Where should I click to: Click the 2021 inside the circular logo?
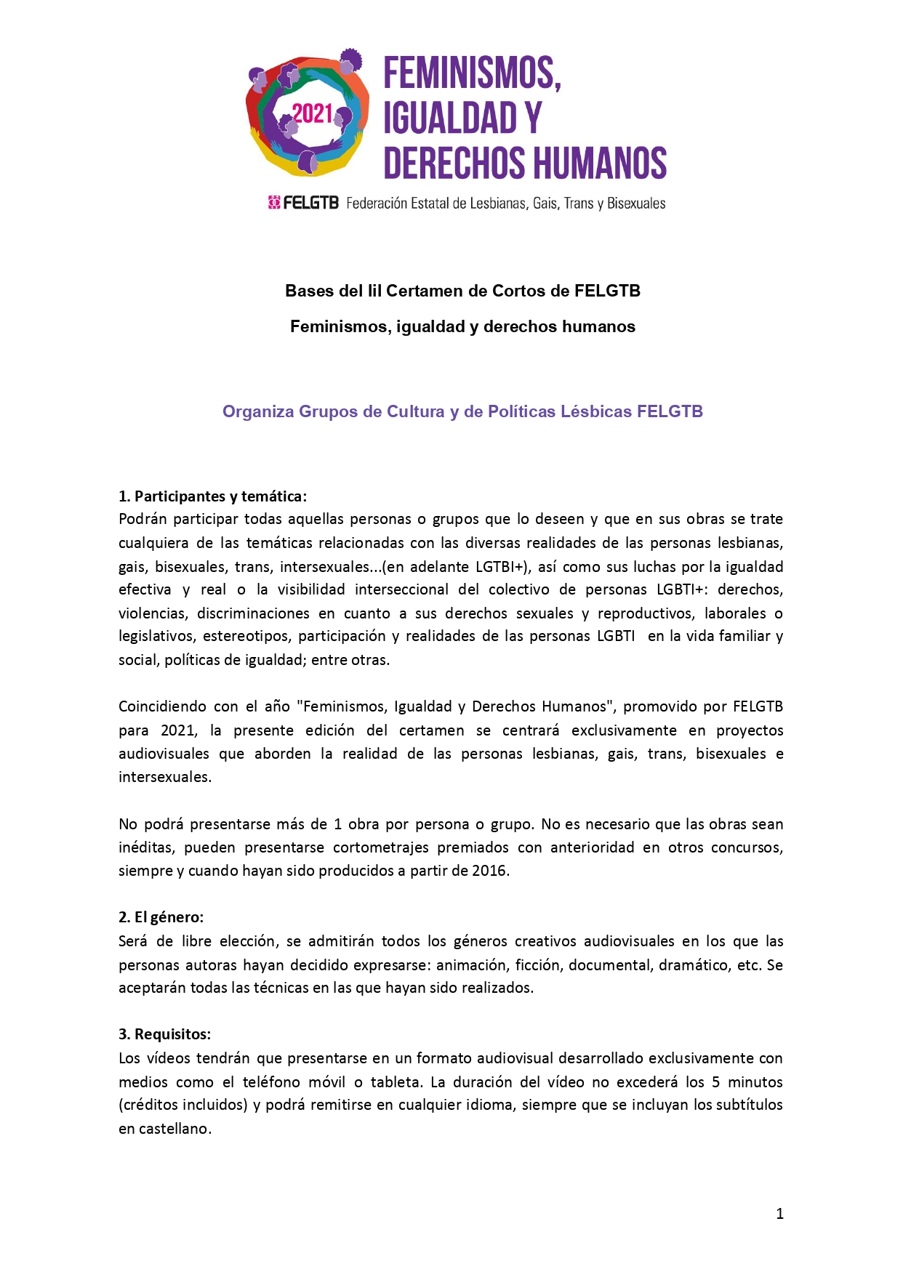pyautogui.click(x=312, y=114)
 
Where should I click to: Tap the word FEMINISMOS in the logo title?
pyautogui.click(x=470, y=73)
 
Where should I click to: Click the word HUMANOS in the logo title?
pyautogui.click(x=598, y=163)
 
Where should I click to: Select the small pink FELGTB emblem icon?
pyautogui.click(x=274, y=203)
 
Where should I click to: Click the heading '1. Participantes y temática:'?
pyautogui.click(x=212, y=496)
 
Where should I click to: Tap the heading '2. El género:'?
pyautogui.click(x=161, y=917)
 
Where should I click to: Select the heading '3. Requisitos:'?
pyautogui.click(x=164, y=1034)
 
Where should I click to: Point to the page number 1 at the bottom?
pyautogui.click(x=779, y=1213)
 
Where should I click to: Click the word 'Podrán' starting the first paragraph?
pyautogui.click(x=143, y=519)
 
